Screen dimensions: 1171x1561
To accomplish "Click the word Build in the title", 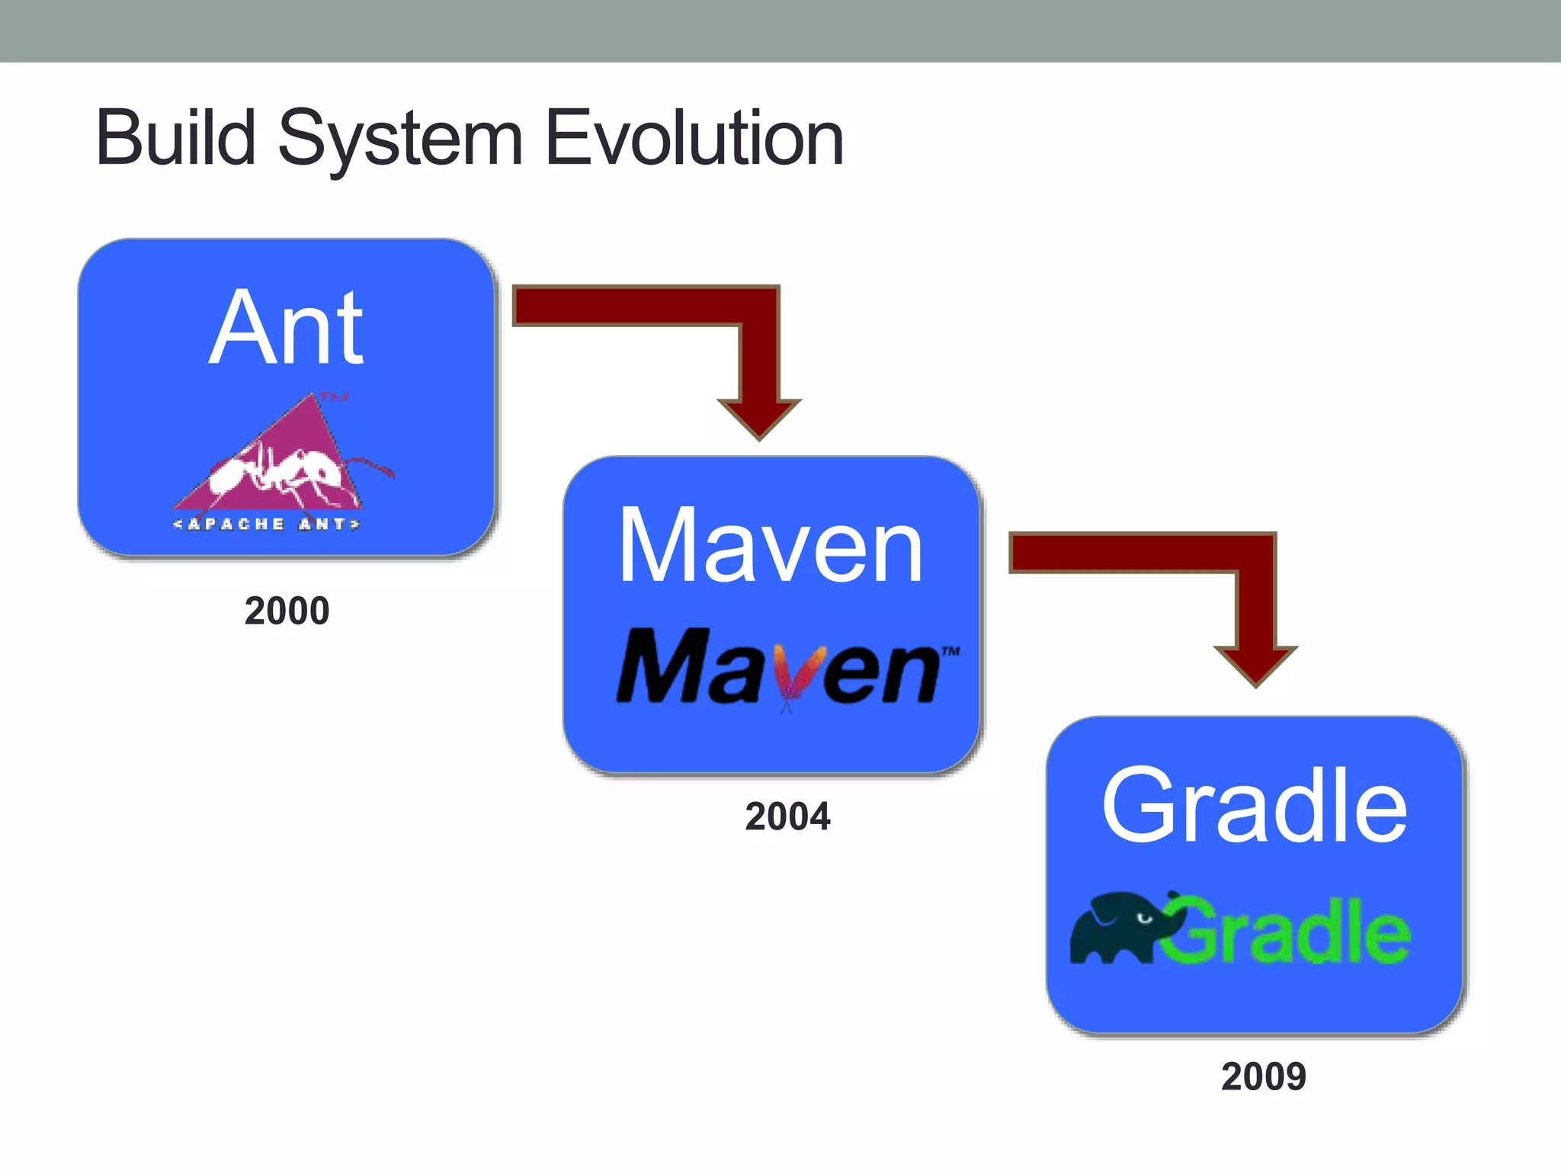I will coord(175,139).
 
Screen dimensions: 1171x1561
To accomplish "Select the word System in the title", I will coord(400,141).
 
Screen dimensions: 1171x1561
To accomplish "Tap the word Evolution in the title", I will coord(694,139).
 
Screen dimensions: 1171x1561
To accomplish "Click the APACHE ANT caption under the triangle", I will coord(267,525).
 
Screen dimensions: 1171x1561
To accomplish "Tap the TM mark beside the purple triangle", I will coord(334,397).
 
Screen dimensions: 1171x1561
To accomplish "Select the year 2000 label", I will coord(287,611).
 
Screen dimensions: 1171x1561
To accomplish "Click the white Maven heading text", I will coord(771,546).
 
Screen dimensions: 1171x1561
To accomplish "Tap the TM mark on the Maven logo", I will coord(950,652).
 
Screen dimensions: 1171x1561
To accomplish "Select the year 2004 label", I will coord(787,816).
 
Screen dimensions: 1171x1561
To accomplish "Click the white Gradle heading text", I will coord(1254,806).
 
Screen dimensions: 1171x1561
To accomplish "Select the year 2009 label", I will coord(1263,1076).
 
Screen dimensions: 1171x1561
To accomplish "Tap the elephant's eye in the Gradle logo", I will coord(1143,918).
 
